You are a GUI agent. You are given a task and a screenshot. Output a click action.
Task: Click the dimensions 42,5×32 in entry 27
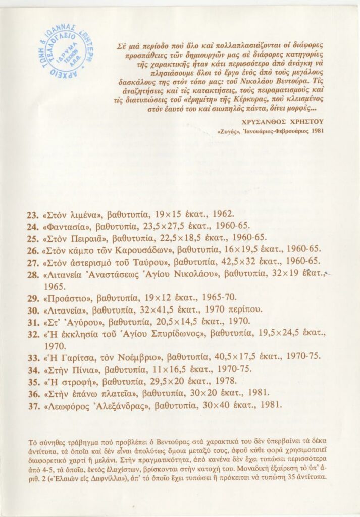pyautogui.click(x=245, y=261)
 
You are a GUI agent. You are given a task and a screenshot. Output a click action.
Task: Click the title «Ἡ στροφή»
pyautogui.click(x=67, y=381)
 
